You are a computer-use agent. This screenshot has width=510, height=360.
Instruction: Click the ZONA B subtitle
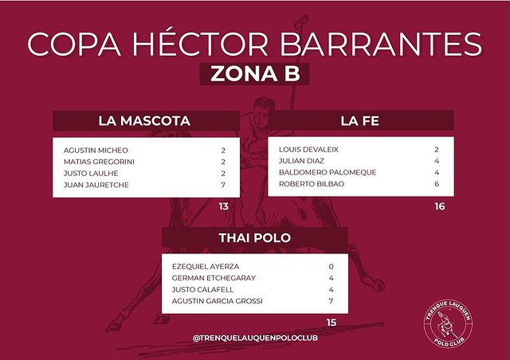coord(255,74)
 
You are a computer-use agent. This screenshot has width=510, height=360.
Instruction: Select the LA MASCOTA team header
coord(144,121)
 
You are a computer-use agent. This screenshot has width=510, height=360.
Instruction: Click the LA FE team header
coord(359,121)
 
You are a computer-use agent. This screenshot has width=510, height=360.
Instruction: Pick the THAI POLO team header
coord(255,237)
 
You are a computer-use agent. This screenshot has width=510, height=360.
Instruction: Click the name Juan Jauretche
coord(96,185)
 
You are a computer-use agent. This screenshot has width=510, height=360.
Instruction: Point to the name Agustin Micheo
coord(96,151)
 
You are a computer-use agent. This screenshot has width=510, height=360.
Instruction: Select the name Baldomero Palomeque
coord(328,172)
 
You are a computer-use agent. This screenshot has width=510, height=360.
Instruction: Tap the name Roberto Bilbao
coord(312,184)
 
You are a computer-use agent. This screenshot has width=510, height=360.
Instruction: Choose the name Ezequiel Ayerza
coord(206,266)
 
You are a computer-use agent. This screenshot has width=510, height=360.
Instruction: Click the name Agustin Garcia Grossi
coord(218,301)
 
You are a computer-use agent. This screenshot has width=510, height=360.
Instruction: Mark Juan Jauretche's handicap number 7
coord(223,185)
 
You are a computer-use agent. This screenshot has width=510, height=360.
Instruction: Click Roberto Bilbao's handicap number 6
coord(437,184)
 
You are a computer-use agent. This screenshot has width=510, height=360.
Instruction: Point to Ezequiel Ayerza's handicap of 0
coord(331,266)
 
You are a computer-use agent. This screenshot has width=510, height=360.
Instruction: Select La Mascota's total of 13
coord(224,206)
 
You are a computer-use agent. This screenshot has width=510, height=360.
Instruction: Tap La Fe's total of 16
coord(440,206)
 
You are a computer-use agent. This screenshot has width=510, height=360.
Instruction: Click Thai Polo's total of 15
coord(331,323)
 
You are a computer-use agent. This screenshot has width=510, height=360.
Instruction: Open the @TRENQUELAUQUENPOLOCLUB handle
coord(255,338)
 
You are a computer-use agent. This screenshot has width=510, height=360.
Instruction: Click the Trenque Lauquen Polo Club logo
coord(448,323)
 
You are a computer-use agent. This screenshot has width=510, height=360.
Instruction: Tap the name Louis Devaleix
coord(308,150)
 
